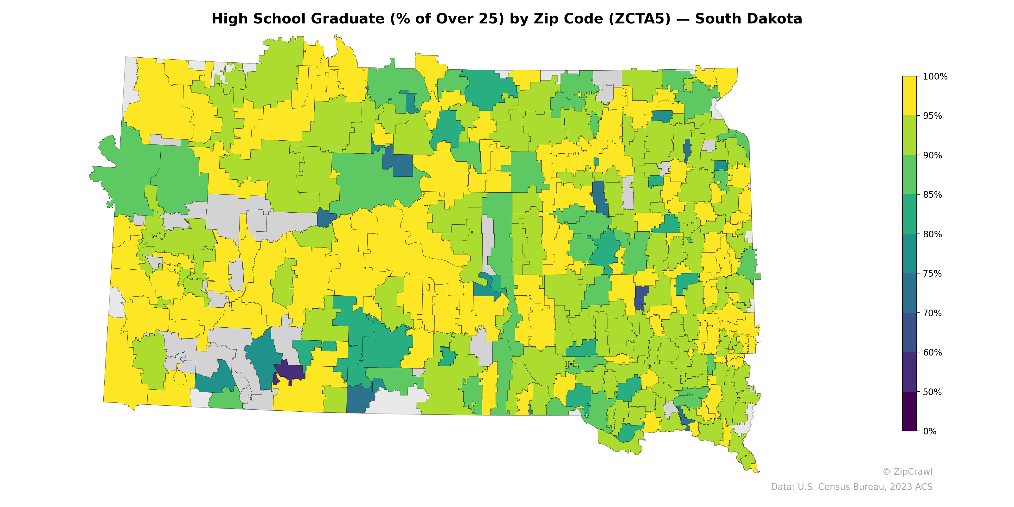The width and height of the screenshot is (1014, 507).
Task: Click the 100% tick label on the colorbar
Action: [935, 77]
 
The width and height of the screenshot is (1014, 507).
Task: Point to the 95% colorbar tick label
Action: [932, 116]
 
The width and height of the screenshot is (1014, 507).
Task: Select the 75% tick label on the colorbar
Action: [932, 273]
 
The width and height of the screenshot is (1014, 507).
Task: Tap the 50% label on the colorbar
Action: [932, 392]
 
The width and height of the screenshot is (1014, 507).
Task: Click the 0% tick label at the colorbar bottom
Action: [929, 431]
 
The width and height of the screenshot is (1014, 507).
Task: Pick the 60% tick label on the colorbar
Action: [932, 353]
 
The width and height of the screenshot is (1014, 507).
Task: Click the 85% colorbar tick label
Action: [932, 195]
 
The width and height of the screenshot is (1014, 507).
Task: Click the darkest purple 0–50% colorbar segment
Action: [909, 411]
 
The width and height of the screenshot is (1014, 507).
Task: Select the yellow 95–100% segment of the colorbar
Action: [909, 96]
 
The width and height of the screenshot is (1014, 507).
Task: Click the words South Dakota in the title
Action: [748, 19]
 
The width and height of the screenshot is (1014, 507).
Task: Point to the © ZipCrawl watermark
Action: [907, 472]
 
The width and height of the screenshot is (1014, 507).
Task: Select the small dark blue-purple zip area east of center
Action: [640, 297]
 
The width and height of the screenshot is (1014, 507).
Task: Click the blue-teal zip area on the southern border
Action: [359, 400]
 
